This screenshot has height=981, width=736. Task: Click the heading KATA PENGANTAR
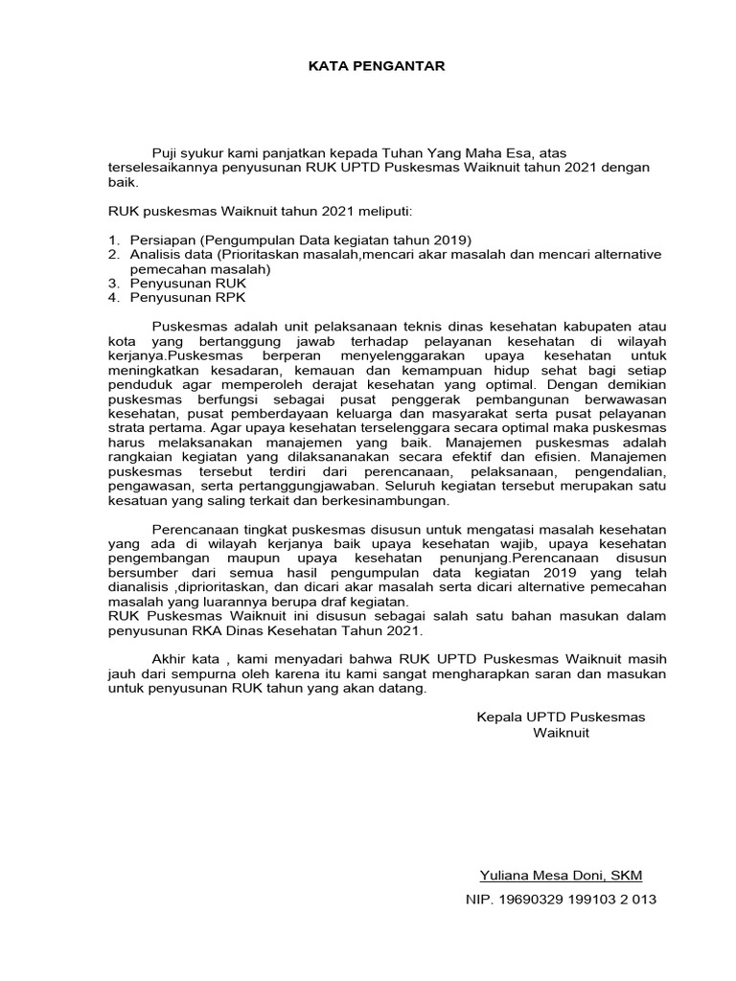point(363,66)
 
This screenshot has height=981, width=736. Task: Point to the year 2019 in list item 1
point(453,240)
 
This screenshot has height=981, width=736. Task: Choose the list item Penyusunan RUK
point(188,284)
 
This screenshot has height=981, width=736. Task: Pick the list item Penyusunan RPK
point(188,298)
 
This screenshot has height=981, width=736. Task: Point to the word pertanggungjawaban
point(256,486)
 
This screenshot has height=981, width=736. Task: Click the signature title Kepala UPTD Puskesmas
point(561,717)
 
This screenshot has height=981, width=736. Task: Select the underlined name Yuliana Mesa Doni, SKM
point(561,875)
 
